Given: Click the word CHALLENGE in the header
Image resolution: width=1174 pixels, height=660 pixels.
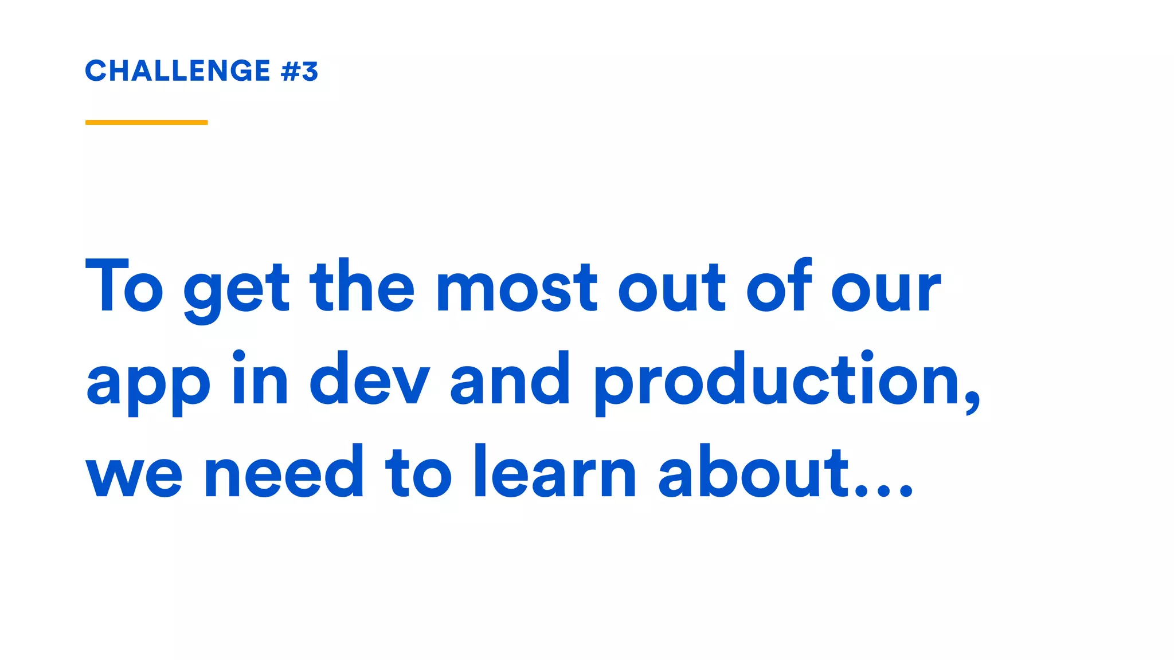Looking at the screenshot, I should [x=178, y=71].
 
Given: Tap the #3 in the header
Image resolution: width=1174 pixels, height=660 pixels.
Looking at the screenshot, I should [x=299, y=72].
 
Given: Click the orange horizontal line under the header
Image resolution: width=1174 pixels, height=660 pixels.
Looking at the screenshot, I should [x=146, y=122].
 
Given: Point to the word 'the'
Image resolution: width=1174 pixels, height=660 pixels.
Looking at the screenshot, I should [x=362, y=286].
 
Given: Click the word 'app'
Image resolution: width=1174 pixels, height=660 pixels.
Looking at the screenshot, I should [x=148, y=383].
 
